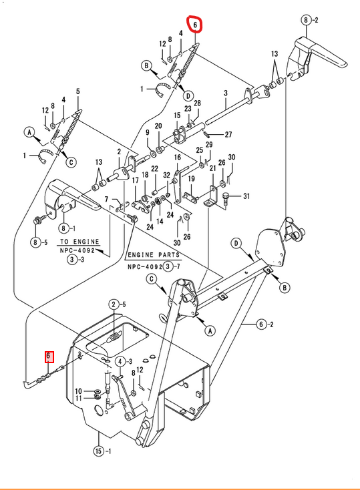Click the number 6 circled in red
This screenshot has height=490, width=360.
195,25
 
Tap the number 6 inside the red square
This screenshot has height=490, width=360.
48,356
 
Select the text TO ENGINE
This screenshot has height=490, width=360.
79,242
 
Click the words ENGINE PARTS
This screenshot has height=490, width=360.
154,255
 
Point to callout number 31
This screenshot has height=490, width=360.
246,196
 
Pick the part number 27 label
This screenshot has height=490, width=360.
228,134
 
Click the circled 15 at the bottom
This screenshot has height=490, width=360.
99,451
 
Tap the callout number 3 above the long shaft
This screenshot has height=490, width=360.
226,93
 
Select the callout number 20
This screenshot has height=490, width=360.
158,126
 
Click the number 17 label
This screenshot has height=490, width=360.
135,181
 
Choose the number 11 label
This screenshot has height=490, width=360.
78,399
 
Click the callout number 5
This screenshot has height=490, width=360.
78,91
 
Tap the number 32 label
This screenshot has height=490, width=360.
167,176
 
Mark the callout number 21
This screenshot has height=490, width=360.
212,168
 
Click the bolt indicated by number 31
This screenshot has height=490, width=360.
226,198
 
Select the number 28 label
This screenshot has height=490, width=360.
197,103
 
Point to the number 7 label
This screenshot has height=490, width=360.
106,199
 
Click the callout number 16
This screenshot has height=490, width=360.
178,157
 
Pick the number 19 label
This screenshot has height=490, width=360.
192,178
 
